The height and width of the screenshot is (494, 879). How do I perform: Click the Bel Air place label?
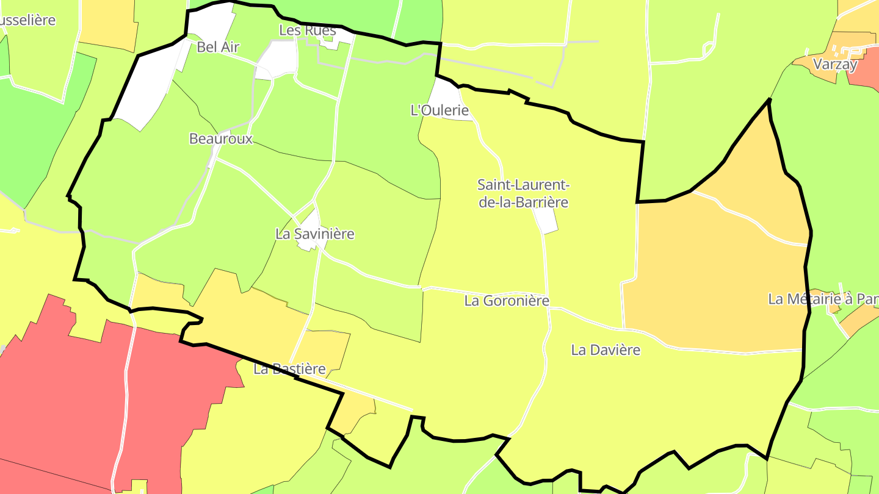(218, 47)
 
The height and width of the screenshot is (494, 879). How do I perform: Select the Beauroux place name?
(220, 138)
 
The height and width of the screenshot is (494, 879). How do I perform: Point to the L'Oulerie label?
(440, 110)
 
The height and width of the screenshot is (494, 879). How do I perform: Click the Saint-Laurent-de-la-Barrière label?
(523, 193)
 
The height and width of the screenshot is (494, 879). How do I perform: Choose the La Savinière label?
(315, 234)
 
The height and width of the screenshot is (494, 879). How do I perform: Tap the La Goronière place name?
(507, 301)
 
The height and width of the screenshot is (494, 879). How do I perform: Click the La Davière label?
(606, 350)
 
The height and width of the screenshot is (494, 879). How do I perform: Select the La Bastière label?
(289, 369)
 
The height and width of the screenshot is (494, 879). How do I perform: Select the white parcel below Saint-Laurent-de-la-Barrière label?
(546, 220)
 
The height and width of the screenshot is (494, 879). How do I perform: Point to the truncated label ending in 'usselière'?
(28, 20)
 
